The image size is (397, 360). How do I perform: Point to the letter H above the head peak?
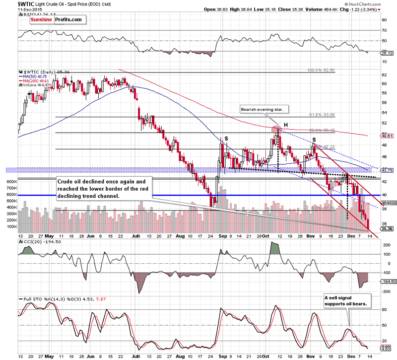click(x=286, y=124)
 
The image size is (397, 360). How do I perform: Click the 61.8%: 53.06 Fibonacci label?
click(x=322, y=115)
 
